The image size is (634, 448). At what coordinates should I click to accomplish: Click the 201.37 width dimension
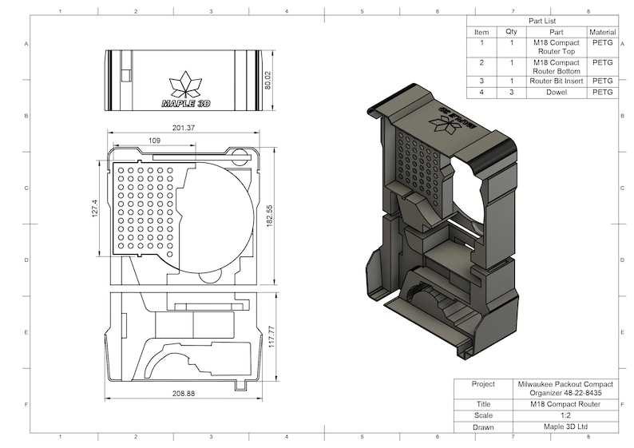pos(183,128)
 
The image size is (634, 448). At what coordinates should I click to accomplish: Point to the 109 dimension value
pos(154,141)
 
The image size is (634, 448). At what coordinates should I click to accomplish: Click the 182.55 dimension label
pos(269,214)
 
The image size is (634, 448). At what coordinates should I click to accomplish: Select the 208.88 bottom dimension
pos(184,394)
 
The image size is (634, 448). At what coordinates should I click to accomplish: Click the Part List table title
pos(542,21)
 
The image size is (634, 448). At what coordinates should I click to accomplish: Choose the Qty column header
pos(511,32)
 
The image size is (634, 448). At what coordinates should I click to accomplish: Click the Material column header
pos(603,32)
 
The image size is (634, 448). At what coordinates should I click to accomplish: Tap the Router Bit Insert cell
pos(557,81)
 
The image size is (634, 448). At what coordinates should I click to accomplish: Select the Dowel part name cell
pos(557,93)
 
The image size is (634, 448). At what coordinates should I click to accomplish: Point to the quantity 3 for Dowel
pos(511,93)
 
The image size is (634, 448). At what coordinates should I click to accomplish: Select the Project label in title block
pos(483,383)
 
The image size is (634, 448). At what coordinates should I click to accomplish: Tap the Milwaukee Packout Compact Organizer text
pos(565,387)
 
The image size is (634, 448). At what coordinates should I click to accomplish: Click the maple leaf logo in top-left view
pos(186,85)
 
